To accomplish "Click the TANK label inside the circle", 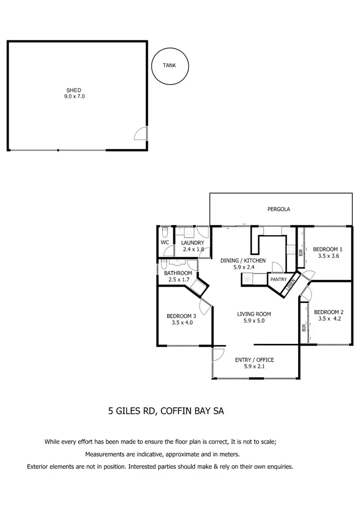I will coord(169,65).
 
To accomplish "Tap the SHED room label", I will coord(73,90).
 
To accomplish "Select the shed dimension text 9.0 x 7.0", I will coord(73,97).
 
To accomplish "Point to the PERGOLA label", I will coord(278,209).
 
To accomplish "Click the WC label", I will coord(165,243).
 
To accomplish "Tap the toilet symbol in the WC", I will coord(165,232).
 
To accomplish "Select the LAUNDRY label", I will coord(193,243).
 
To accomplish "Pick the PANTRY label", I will coord(278,279).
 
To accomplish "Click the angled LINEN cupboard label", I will coord(289,286).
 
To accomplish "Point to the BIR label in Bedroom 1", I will coord(301,252).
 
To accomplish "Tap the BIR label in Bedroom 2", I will coord(304,328).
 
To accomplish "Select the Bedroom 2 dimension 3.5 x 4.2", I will coord(328,318).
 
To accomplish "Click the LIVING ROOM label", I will coord(251,314).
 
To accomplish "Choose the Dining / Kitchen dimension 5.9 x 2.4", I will coord(243,267).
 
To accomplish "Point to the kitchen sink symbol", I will coord(248,279).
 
